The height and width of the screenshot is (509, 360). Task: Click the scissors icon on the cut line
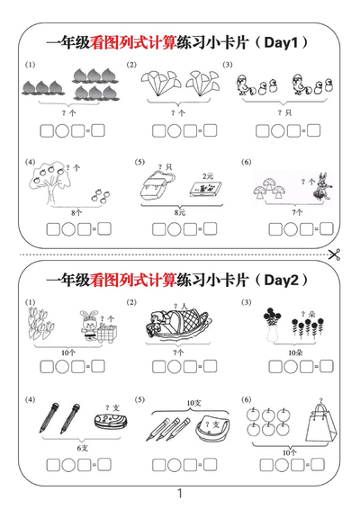click(x=335, y=254)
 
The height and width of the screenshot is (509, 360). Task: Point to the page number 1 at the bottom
click(x=180, y=493)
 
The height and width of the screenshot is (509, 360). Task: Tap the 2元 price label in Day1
click(x=208, y=175)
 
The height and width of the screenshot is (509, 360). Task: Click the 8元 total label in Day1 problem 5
click(x=180, y=212)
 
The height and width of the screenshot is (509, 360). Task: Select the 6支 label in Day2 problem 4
click(x=83, y=447)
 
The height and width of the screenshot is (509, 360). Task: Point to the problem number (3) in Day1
click(x=228, y=65)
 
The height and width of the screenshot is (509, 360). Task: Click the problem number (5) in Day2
click(x=139, y=399)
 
